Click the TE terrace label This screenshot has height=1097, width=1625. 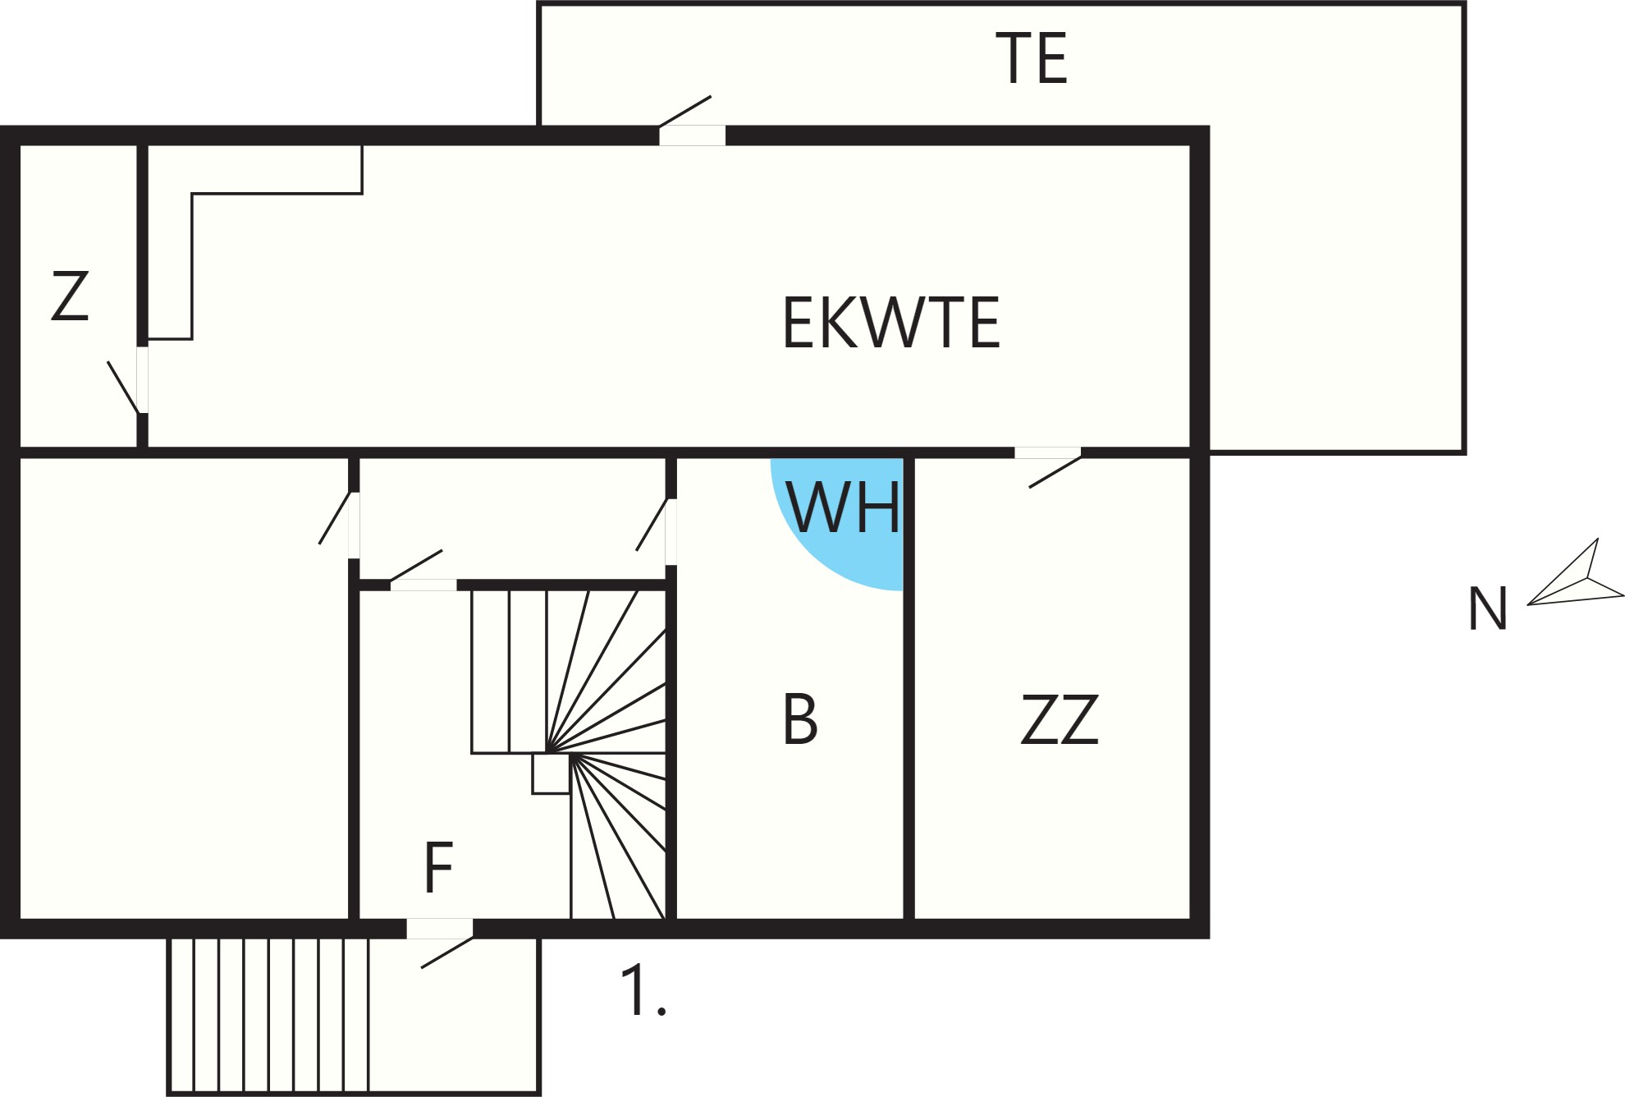coord(1032,58)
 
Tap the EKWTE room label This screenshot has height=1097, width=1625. coord(891,323)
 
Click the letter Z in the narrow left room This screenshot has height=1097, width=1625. coord(70,296)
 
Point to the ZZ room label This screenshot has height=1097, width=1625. coord(1060,719)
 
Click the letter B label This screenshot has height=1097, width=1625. coord(801,719)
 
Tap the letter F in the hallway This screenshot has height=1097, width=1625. coord(439,868)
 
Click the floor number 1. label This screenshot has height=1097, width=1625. coord(643,991)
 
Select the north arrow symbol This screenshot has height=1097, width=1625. coord(1575,572)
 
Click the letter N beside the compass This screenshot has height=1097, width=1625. coord(1487,608)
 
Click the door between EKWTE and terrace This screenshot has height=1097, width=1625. coord(692,122)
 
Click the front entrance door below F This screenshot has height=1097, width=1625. coord(440,943)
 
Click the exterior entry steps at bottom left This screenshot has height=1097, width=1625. coord(268,1016)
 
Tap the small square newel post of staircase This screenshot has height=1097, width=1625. coord(551,773)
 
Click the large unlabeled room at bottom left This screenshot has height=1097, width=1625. coord(184,688)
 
